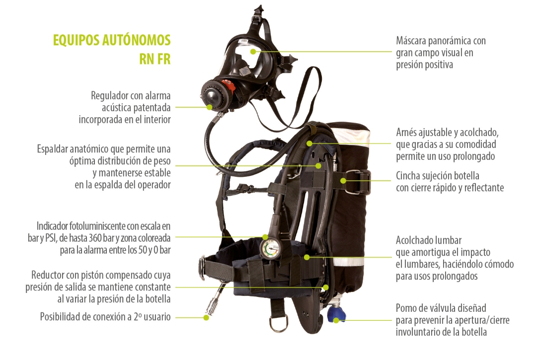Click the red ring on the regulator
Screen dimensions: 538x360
click(228, 88)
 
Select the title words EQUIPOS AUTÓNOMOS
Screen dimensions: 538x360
click(111, 40)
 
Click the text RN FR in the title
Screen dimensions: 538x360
click(155, 59)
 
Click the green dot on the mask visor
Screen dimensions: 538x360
click(253, 52)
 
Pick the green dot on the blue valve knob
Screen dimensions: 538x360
click(337, 321)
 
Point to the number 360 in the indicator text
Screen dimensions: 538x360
click(95, 237)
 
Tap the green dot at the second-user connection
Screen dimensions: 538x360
click(206, 317)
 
